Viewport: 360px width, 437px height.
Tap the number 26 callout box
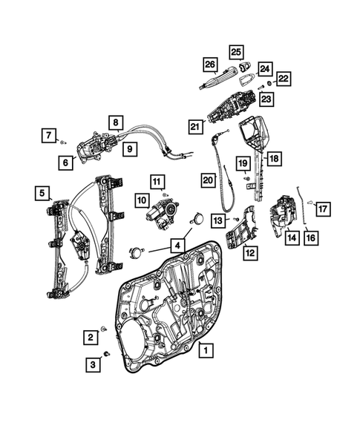(x=210, y=65)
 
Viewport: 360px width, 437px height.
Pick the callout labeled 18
(x=273, y=158)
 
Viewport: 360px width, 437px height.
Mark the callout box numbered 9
(x=129, y=149)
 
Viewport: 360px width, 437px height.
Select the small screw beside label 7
(x=65, y=139)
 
